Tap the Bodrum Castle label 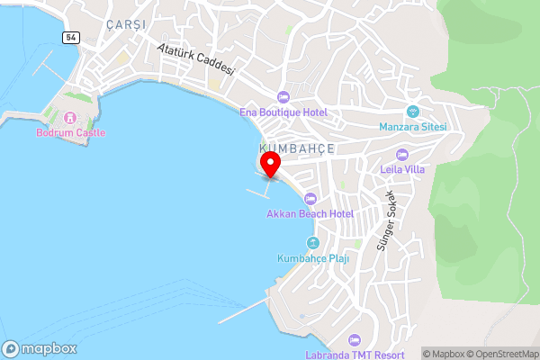(x=70, y=133)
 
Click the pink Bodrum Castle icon (x=70, y=118)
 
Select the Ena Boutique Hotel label (x=283, y=112)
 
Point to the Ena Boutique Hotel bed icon (x=283, y=97)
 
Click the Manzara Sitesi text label (x=413, y=127)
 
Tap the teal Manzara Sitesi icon (x=413, y=112)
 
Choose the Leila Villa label (x=402, y=168)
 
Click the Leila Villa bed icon (x=402, y=154)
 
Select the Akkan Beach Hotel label (x=310, y=213)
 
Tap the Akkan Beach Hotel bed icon (x=310, y=199)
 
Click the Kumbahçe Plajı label (x=312, y=258)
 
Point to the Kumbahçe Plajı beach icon (x=312, y=243)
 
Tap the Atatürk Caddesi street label (x=195, y=59)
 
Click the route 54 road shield (x=70, y=37)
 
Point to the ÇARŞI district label (x=125, y=24)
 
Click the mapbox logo (x=40, y=348)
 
